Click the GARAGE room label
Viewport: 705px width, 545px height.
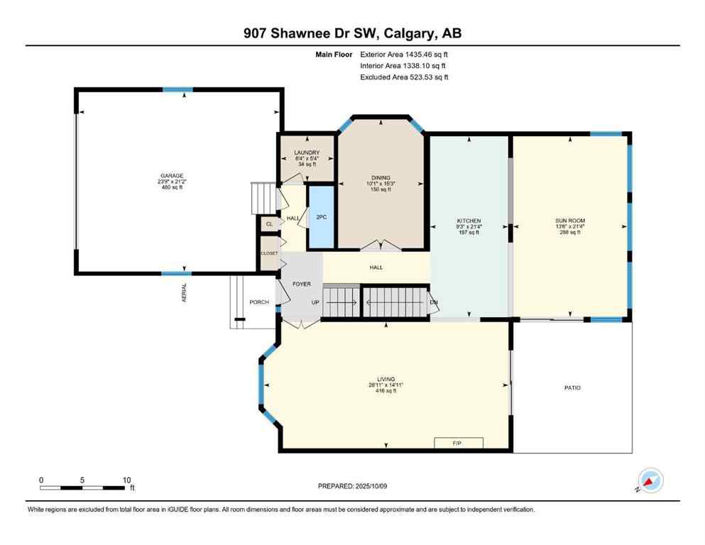click(171, 175)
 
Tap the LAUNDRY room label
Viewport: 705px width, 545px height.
click(307, 153)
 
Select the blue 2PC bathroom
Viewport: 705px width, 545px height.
click(321, 216)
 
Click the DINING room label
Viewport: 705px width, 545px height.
click(381, 178)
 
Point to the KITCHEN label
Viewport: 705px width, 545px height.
click(469, 221)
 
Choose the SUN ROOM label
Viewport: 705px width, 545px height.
click(570, 221)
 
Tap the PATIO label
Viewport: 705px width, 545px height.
click(572, 387)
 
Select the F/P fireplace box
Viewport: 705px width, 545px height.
click(459, 443)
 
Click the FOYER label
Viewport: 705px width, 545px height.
click(302, 284)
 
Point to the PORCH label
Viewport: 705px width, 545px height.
click(259, 302)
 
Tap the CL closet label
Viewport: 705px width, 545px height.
click(269, 224)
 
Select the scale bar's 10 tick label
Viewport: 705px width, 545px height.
click(126, 480)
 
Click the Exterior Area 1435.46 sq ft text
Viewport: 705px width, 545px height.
click(404, 54)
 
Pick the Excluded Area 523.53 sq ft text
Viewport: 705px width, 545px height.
click(404, 77)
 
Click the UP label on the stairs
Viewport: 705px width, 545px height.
click(316, 302)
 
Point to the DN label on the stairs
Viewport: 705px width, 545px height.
click(433, 302)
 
